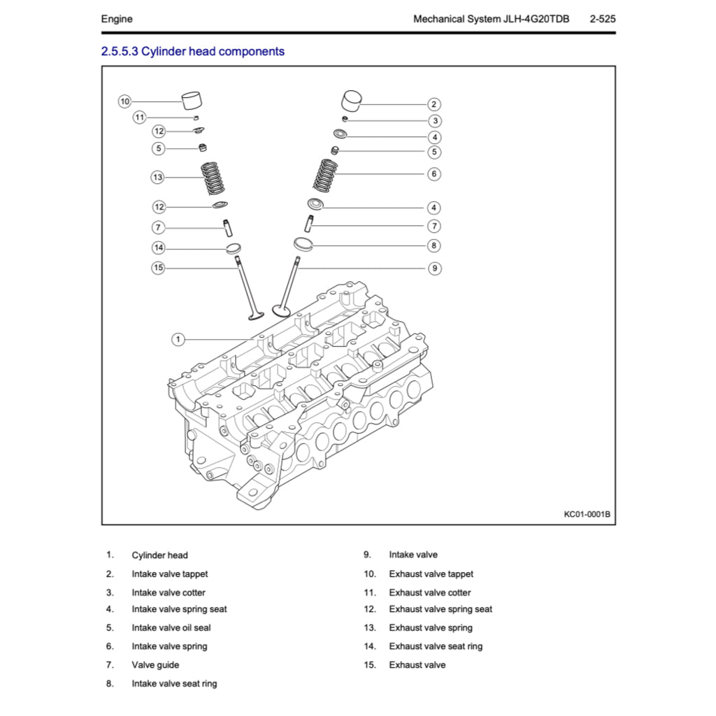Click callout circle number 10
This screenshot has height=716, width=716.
tap(124, 101)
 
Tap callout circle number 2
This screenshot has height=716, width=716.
tap(434, 104)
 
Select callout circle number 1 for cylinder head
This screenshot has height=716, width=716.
tap(178, 339)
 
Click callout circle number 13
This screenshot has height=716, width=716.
tap(157, 178)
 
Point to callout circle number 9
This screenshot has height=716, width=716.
tap(434, 268)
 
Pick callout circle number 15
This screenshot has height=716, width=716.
tap(159, 268)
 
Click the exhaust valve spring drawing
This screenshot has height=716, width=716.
tap(213, 178)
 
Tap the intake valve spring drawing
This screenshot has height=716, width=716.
tap(324, 175)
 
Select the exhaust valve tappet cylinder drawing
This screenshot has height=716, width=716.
tap(192, 100)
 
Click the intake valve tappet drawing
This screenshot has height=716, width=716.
tap(353, 99)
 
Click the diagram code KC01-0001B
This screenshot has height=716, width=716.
tap(587, 515)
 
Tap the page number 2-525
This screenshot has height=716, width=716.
tap(602, 19)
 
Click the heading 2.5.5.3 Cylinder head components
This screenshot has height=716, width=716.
tap(193, 51)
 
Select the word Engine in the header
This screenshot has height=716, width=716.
tap(117, 19)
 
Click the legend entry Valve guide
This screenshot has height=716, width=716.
tap(155, 665)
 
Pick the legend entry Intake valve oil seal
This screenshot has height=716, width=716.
tap(171, 628)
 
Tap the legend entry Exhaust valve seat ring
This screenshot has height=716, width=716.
tap(436, 646)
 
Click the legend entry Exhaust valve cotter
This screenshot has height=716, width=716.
tap(430, 592)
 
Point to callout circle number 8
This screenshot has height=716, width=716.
tap(434, 245)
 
